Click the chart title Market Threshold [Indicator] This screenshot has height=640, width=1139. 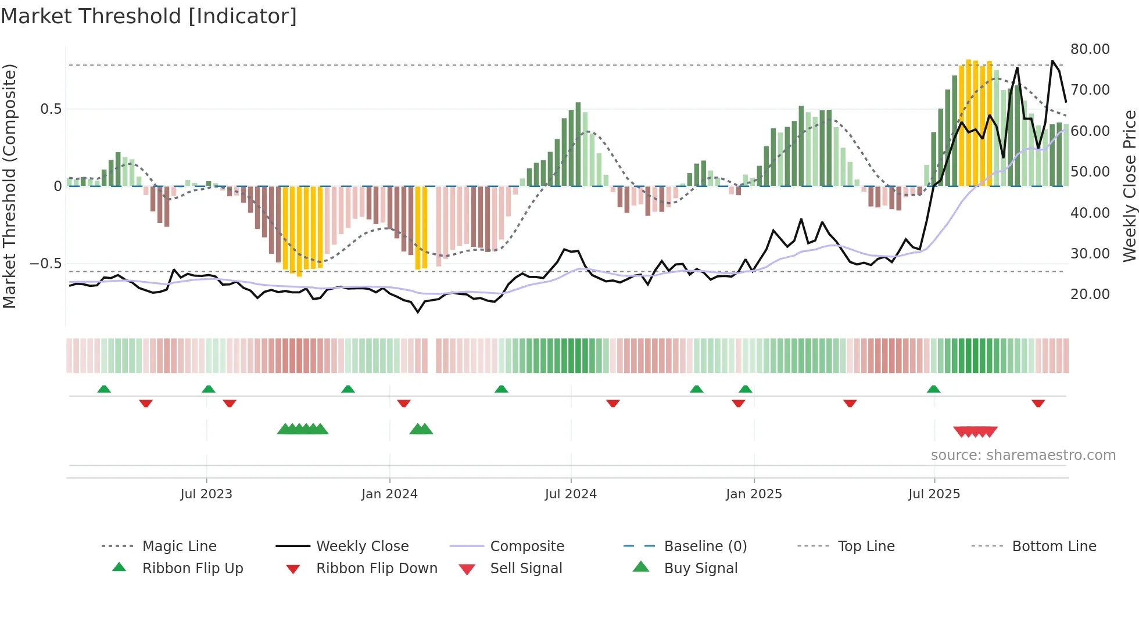point(149,16)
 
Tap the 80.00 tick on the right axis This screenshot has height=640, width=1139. point(1090,49)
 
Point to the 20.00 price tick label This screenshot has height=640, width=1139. point(1090,294)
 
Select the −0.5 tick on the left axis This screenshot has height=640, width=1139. point(46,264)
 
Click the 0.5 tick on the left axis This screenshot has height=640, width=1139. point(51,109)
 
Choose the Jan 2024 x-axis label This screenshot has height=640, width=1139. point(389,494)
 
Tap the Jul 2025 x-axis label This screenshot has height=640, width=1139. point(934,494)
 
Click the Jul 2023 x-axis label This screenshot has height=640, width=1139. point(206,494)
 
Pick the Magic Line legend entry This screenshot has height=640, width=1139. point(179,546)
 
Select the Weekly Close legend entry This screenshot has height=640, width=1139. point(362,546)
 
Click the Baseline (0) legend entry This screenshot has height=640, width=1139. point(705,546)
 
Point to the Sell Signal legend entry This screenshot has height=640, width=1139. point(526,569)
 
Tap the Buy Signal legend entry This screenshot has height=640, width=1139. point(700,569)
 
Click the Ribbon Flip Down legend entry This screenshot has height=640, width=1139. point(377,569)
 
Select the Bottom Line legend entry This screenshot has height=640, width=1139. point(1054,546)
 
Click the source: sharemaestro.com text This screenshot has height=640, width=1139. point(1023,455)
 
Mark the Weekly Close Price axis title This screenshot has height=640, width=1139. point(1129,186)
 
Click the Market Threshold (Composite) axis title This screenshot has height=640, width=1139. point(9,186)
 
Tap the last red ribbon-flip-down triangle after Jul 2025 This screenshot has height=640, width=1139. point(1038,403)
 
